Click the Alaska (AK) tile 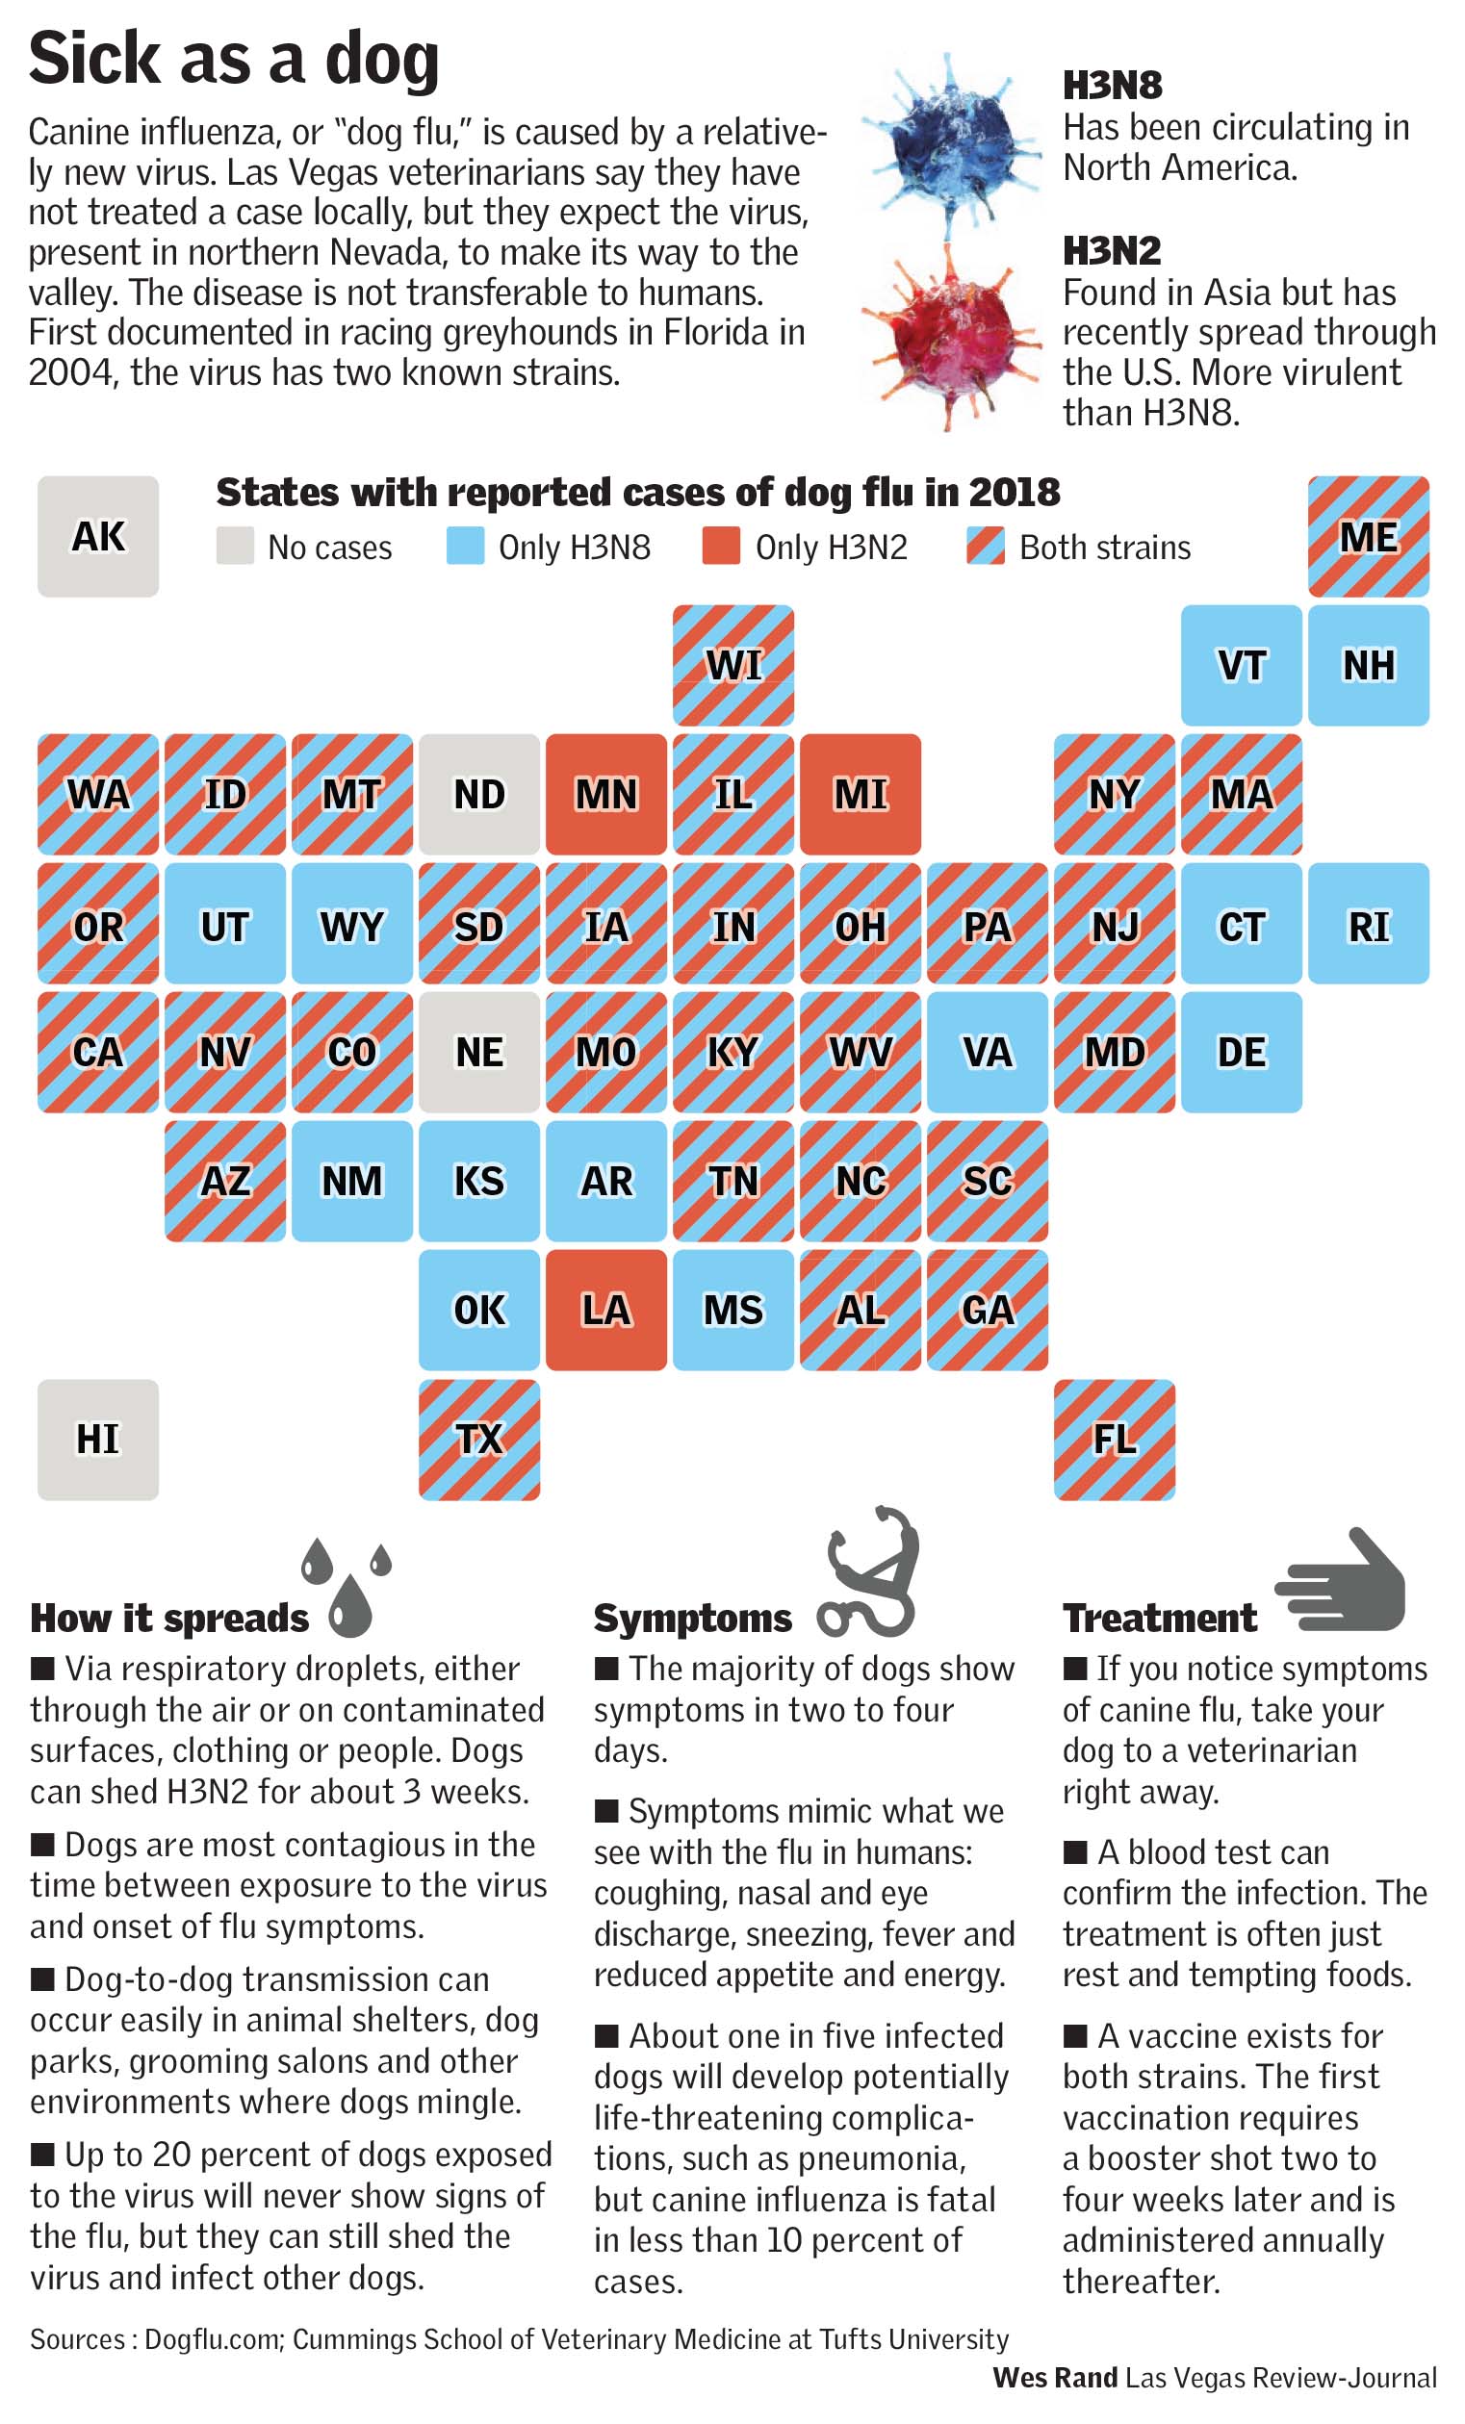[x=97, y=536]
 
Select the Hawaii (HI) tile [x=97, y=1439]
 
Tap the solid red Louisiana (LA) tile [x=606, y=1310]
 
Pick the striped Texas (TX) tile [x=479, y=1439]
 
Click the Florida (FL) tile [x=1114, y=1439]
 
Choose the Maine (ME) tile [x=1368, y=536]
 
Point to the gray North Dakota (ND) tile [x=479, y=794]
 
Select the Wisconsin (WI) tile [x=733, y=665]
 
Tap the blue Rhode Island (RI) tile [x=1368, y=923]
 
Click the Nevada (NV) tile [x=224, y=1052]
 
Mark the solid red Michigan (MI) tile [x=860, y=794]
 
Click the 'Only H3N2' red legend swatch [x=720, y=546]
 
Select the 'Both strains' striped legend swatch [x=985, y=546]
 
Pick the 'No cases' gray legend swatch [x=234, y=546]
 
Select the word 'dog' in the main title [x=381, y=61]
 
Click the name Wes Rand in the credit [x=1055, y=2378]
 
